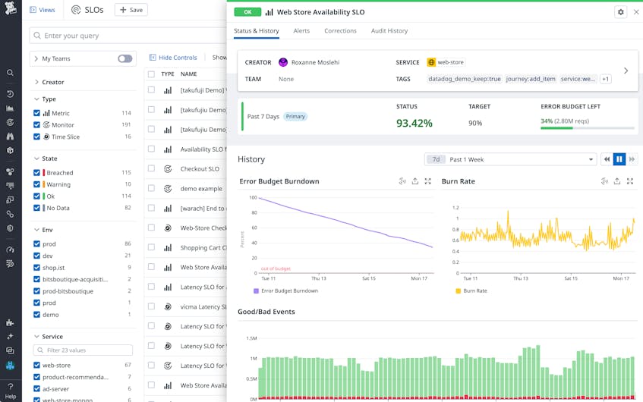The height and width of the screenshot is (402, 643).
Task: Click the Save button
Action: tap(131, 10)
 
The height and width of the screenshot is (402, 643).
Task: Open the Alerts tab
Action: tap(301, 31)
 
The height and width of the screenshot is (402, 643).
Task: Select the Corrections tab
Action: tap(340, 31)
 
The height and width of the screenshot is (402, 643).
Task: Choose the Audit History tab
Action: tap(389, 31)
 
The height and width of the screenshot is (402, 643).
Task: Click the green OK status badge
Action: tap(247, 12)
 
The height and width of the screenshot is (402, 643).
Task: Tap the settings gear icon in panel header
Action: tap(620, 12)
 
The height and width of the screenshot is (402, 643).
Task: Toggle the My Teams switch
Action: tap(125, 58)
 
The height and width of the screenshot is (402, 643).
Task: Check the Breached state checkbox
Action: tap(37, 173)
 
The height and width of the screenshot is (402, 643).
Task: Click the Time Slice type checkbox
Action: tap(37, 137)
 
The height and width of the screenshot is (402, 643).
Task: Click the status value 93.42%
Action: tap(414, 123)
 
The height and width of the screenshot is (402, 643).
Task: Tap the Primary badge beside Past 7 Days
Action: tap(295, 117)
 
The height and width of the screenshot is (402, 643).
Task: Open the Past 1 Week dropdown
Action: tap(510, 159)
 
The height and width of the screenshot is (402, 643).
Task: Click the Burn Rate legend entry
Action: tap(474, 291)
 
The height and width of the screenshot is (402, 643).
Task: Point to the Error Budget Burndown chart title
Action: tap(279, 181)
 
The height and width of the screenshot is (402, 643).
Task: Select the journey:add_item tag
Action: tap(531, 79)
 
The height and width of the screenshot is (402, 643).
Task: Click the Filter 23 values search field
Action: tap(84, 350)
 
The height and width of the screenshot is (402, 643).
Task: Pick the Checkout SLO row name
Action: tap(200, 169)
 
